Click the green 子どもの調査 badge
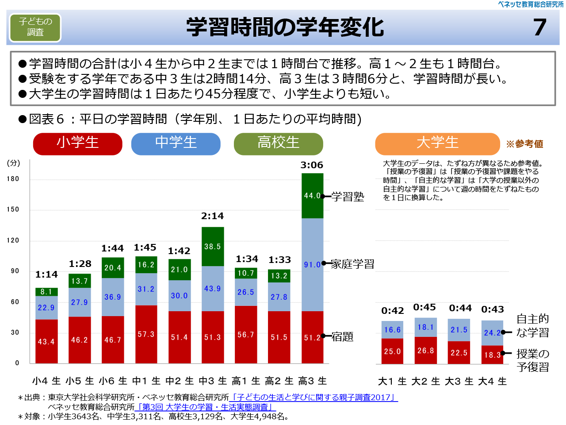(x=35, y=27)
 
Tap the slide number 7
(x=539, y=27)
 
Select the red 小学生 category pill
(x=78, y=143)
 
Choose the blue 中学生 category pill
(x=176, y=143)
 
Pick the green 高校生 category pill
(x=279, y=143)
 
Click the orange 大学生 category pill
(x=437, y=143)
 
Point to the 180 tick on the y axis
(x=13, y=179)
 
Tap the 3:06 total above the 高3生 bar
(x=312, y=165)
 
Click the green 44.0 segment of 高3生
(x=312, y=195)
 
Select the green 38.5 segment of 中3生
(x=213, y=246)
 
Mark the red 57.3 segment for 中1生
(x=146, y=334)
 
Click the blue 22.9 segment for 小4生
(x=46, y=308)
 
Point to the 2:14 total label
(x=212, y=216)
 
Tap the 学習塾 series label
(x=348, y=197)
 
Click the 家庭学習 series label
(x=352, y=264)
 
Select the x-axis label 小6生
(x=113, y=381)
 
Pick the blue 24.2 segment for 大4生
(x=492, y=332)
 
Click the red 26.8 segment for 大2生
(x=425, y=350)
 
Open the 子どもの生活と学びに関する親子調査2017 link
(x=314, y=398)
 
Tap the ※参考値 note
(x=524, y=144)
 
